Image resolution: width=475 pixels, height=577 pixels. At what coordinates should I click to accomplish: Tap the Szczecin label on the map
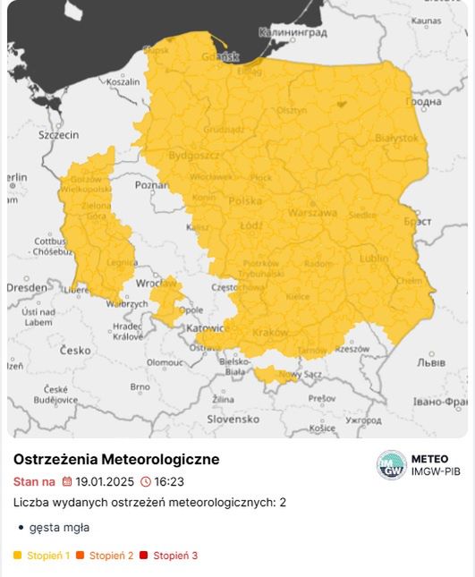pos(58,134)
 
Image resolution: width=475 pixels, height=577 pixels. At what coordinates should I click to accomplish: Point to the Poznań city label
pos(152,185)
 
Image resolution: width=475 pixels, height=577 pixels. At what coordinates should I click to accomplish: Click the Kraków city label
pos(271,332)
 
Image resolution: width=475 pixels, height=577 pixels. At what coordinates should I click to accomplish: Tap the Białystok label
pos(396,138)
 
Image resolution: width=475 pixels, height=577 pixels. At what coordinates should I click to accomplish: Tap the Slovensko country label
pos(233,419)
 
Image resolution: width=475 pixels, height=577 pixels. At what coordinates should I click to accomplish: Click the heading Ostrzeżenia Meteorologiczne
pos(116,459)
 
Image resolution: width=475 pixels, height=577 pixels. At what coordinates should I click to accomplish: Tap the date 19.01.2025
pos(104,481)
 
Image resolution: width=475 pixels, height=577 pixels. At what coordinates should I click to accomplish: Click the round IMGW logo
pos(391,465)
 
